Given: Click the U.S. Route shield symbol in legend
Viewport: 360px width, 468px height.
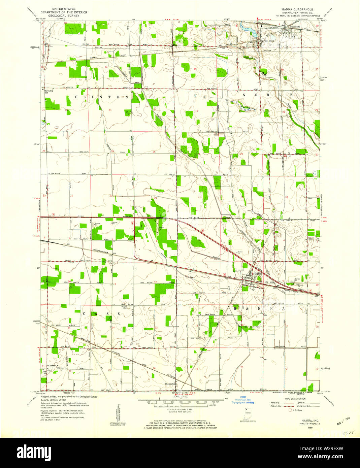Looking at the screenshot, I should click(x=291, y=410).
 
